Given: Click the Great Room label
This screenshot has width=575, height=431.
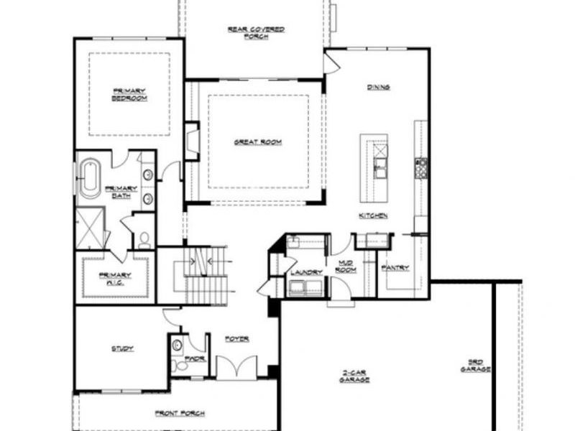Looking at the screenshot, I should pyautogui.click(x=257, y=142).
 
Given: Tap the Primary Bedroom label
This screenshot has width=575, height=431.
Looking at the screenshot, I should pyautogui.click(x=129, y=94).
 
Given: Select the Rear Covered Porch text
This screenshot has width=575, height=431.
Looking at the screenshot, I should pyautogui.click(x=256, y=32).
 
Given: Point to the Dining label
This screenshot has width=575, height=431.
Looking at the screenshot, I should pyautogui.click(x=378, y=88).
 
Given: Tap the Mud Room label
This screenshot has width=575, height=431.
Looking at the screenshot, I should pyautogui.click(x=346, y=267).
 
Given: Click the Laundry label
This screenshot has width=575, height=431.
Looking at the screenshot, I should pyautogui.click(x=303, y=272).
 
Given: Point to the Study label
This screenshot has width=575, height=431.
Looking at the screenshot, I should pyautogui.click(x=122, y=349).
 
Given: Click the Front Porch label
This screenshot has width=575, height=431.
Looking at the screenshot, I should pyautogui.click(x=180, y=413).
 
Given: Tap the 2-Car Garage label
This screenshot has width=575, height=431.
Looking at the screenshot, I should pyautogui.click(x=354, y=376).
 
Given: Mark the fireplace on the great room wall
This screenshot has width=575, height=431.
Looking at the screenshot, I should pyautogui.click(x=190, y=142).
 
